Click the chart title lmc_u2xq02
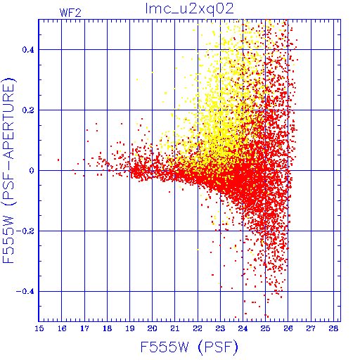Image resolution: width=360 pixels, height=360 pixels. (189, 9)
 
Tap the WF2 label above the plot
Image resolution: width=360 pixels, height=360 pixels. (70, 13)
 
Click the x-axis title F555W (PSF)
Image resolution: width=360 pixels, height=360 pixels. (189, 347)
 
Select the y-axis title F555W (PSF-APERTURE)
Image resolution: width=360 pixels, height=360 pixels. (9, 171)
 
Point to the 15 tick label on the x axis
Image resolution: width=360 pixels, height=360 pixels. (39, 328)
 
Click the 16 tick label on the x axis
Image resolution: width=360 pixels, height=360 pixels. (62, 328)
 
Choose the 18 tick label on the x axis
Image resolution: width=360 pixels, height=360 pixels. (107, 328)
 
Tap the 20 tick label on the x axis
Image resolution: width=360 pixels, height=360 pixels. (152, 328)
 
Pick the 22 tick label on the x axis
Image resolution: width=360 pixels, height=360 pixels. (198, 328)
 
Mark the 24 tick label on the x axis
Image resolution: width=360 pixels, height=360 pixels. (243, 328)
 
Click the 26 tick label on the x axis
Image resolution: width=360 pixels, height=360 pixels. (288, 328)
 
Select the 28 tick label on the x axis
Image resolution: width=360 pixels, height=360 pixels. (333, 328)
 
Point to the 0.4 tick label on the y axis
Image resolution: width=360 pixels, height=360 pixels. (28, 50)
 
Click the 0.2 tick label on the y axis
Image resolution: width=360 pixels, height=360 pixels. (28, 110)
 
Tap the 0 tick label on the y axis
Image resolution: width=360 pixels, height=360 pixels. (32, 171)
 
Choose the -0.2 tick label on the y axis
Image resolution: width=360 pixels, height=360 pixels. (25, 231)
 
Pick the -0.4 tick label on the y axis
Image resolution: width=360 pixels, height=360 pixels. (25, 292)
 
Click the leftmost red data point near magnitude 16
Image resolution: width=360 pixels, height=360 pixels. (58, 160)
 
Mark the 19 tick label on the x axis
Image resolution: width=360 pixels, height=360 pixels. (130, 328)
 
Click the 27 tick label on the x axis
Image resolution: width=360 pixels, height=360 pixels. (311, 328)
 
